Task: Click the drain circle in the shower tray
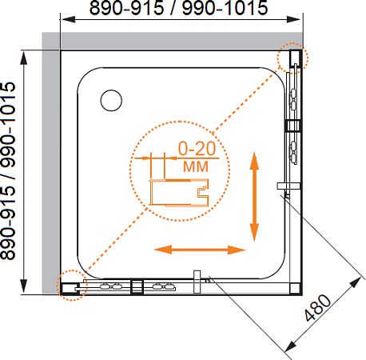(x=111, y=100)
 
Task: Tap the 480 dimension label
(x=317, y=308)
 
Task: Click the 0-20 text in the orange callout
(x=197, y=149)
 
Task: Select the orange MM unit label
(x=196, y=166)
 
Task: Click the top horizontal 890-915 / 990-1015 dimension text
(x=178, y=8)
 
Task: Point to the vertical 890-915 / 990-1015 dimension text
(x=8, y=170)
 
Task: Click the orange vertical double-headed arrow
(x=254, y=197)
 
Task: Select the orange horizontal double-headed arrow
(x=200, y=250)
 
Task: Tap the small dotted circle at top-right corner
(x=292, y=58)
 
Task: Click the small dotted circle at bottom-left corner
(x=71, y=286)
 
